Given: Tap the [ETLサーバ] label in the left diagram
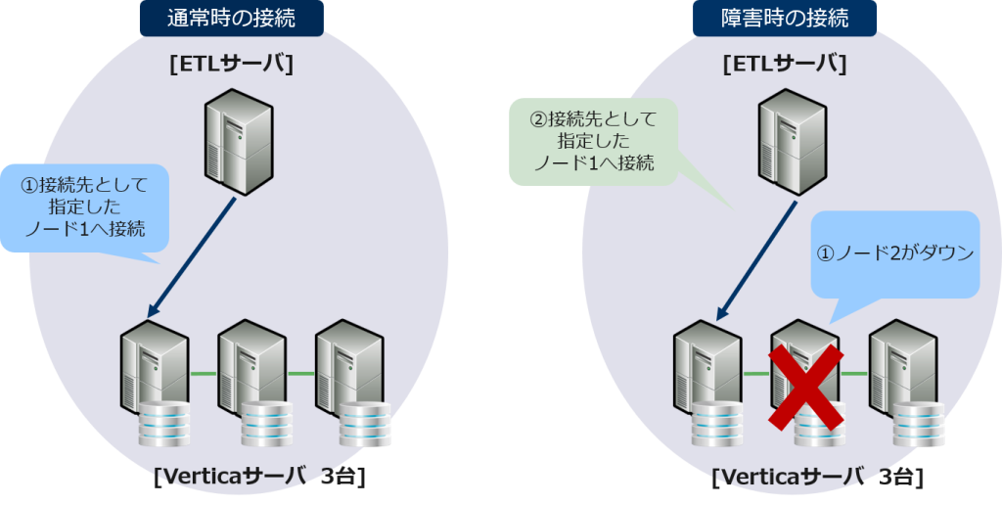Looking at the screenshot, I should click(232, 66).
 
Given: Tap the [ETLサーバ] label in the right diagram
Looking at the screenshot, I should click(784, 66).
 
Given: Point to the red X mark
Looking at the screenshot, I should click(805, 387).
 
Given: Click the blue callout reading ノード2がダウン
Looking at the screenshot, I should click(896, 253).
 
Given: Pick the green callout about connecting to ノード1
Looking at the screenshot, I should click(592, 141).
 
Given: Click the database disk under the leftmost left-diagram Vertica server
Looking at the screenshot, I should click(163, 422).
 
